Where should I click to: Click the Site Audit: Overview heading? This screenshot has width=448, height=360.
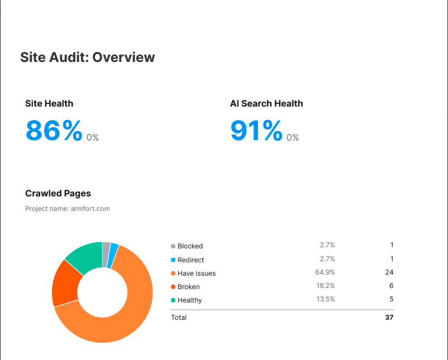point(88,57)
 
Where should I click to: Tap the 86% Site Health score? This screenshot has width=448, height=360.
point(54,131)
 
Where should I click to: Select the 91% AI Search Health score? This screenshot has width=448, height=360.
point(256,131)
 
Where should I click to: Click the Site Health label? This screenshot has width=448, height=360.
point(49,103)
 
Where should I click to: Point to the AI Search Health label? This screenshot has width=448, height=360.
point(266,103)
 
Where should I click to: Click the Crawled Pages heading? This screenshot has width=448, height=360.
point(58,193)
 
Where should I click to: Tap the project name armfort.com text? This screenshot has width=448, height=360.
point(68,209)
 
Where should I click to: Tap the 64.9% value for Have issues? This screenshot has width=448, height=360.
point(325,272)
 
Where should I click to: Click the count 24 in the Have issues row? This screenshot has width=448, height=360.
point(389,272)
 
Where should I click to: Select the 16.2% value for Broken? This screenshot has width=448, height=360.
point(325,286)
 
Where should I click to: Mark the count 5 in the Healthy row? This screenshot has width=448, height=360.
point(392,299)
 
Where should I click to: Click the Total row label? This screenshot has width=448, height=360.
point(179,318)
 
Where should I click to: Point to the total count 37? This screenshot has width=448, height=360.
point(389,318)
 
